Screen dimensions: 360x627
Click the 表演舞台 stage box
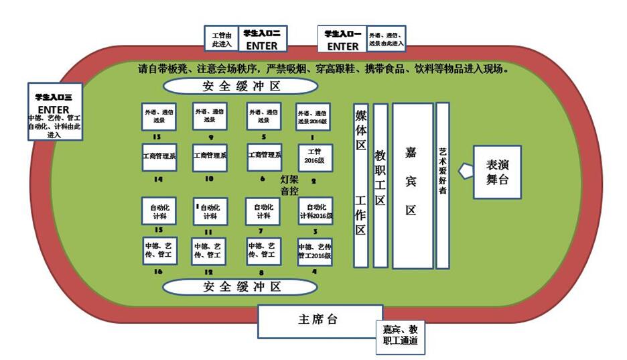click(497, 172)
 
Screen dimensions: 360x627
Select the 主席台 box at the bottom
click(320, 320)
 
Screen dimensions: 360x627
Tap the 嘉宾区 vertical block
click(412, 186)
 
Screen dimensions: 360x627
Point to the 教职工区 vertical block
click(380, 186)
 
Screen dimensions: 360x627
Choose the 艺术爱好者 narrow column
click(442, 186)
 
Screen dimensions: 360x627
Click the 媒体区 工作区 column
click(360, 186)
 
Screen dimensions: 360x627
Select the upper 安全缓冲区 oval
click(240, 86)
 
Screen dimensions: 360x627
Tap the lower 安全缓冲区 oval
click(240, 287)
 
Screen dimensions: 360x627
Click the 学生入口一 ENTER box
click(342, 40)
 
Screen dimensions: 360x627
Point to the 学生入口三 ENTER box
click(54, 111)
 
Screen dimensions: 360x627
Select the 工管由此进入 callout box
click(221, 39)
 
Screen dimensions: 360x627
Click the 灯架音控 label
click(289, 185)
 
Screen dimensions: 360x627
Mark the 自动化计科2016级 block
click(315, 212)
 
